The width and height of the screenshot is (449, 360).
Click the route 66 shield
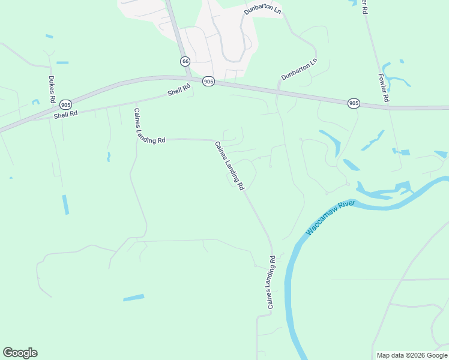(184, 61)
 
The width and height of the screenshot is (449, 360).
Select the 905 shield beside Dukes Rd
(66, 104)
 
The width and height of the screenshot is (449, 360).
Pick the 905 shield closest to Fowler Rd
(354, 104)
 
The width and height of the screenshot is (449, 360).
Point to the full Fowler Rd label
(384, 88)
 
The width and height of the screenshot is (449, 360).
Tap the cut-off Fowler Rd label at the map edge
(364, 6)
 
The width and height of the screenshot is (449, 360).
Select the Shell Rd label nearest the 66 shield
(179, 90)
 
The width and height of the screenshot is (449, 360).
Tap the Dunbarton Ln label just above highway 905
(299, 70)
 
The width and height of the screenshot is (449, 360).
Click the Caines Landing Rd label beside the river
(271, 283)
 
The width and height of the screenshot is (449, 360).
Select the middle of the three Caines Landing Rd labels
(229, 166)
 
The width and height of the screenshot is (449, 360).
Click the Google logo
(20, 353)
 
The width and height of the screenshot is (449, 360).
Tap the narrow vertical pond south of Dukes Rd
(65, 204)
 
